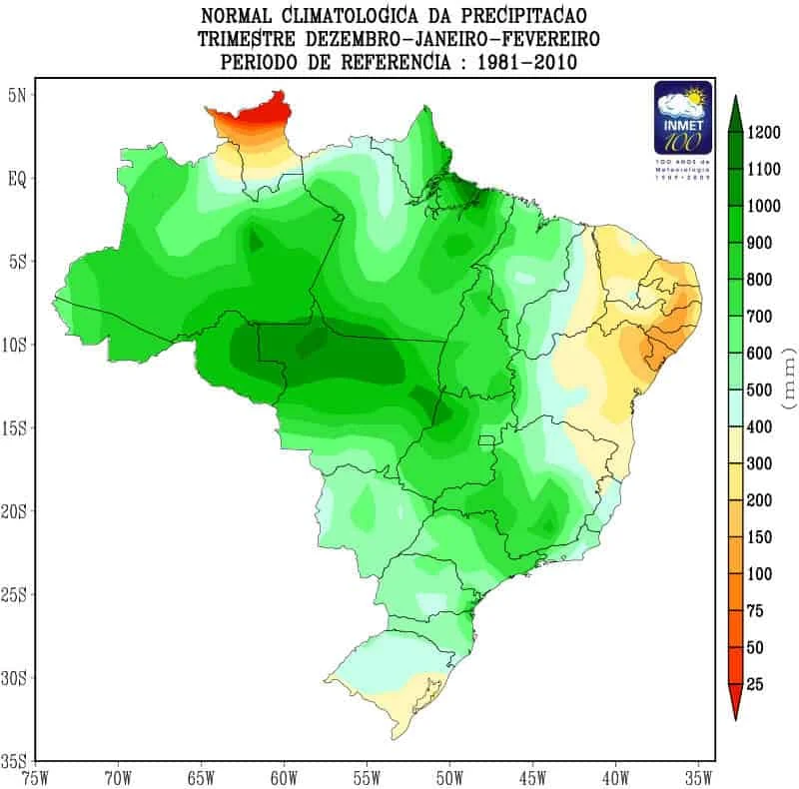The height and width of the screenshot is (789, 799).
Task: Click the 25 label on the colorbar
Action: coord(756,684)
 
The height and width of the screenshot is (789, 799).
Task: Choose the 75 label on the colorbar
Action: coord(756,610)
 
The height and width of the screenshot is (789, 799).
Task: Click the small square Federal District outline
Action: coord(488,441)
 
